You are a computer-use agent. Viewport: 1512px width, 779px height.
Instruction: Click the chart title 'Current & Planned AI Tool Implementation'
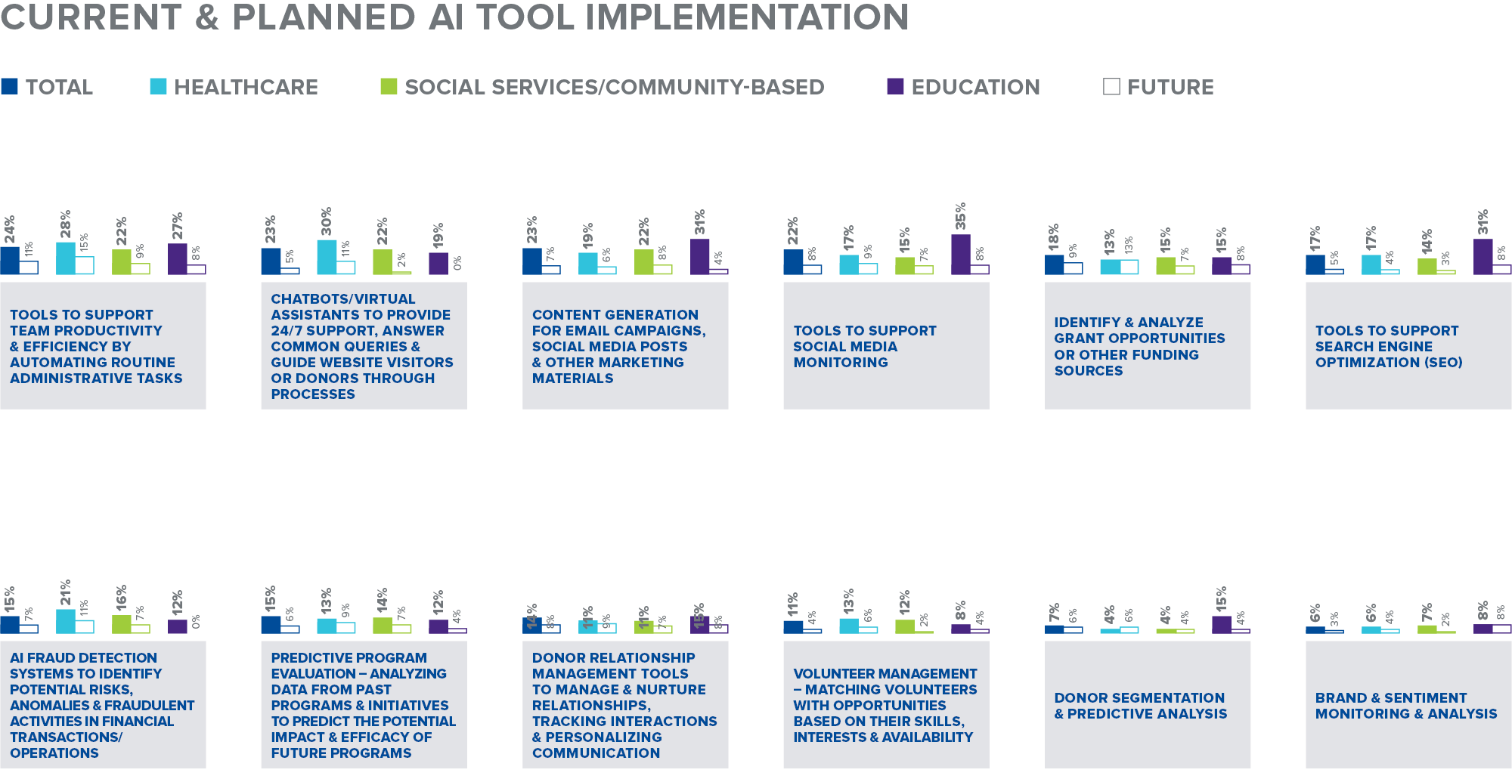coord(454,17)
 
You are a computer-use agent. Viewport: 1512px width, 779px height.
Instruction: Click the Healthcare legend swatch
coord(158,86)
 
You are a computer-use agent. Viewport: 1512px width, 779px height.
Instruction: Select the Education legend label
coord(975,88)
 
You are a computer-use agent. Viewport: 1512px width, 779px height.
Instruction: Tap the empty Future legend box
coord(1111,87)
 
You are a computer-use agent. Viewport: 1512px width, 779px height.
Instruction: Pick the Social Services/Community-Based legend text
coord(614,88)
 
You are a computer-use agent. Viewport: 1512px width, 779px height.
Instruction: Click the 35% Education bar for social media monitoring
coord(960,255)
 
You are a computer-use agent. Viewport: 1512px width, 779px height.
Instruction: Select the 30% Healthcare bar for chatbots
coord(327,258)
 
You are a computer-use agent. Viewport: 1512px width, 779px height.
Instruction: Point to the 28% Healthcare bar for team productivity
coord(66,258)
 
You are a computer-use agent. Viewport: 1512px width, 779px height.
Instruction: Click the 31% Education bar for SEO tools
coord(1483,257)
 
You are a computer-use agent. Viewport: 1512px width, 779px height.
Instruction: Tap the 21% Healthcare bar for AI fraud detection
coord(66,621)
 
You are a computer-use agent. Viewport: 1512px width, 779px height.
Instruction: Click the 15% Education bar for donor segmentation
coord(1221,625)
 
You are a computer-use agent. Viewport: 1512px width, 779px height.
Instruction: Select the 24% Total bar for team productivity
coord(10,261)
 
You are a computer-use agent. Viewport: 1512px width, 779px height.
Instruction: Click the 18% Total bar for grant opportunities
coord(1054,264)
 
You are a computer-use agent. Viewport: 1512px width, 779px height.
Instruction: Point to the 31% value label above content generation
coord(700,222)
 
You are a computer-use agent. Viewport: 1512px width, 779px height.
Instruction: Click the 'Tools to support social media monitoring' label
coord(864,346)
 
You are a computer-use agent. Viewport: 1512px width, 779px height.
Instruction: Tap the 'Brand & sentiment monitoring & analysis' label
coord(1405,706)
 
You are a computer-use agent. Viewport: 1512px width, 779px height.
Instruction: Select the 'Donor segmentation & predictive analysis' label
coord(1140,706)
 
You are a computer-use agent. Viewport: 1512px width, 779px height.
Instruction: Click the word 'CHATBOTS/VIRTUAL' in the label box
coord(342,299)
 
